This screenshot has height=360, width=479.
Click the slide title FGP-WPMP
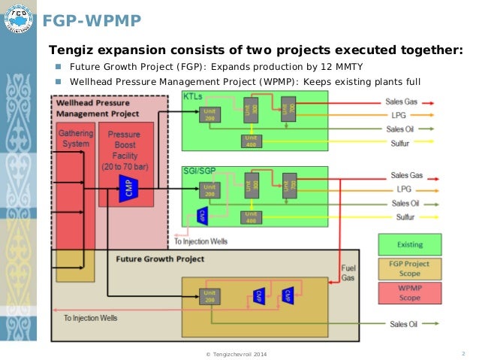[x=91, y=20]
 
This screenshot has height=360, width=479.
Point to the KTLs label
[x=193, y=96]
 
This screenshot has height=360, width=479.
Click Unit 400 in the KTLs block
[x=251, y=141]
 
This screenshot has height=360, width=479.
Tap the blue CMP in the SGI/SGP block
[x=202, y=215]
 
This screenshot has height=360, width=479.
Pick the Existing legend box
[x=411, y=245]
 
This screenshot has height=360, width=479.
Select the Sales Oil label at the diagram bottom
[x=403, y=324]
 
